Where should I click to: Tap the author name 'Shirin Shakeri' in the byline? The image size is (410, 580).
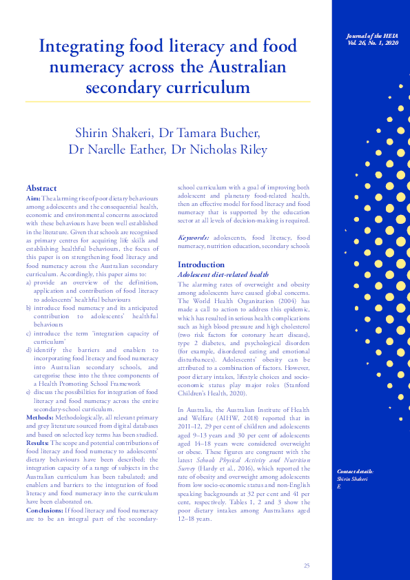pos(116,132)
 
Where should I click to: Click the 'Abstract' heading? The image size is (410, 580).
pos(41,187)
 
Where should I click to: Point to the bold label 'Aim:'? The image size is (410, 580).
pos(33,198)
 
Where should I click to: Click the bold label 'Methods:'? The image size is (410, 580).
pos(39,417)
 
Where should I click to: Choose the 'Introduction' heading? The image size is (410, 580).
pos(201,264)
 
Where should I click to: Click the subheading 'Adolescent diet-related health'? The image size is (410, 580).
pos(223,274)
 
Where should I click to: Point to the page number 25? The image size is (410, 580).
pos(307,566)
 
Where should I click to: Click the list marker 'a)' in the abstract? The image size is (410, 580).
pos(29,282)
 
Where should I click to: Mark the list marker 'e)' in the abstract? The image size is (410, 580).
pos(29,392)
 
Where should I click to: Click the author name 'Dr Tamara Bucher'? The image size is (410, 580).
pos(218,132)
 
